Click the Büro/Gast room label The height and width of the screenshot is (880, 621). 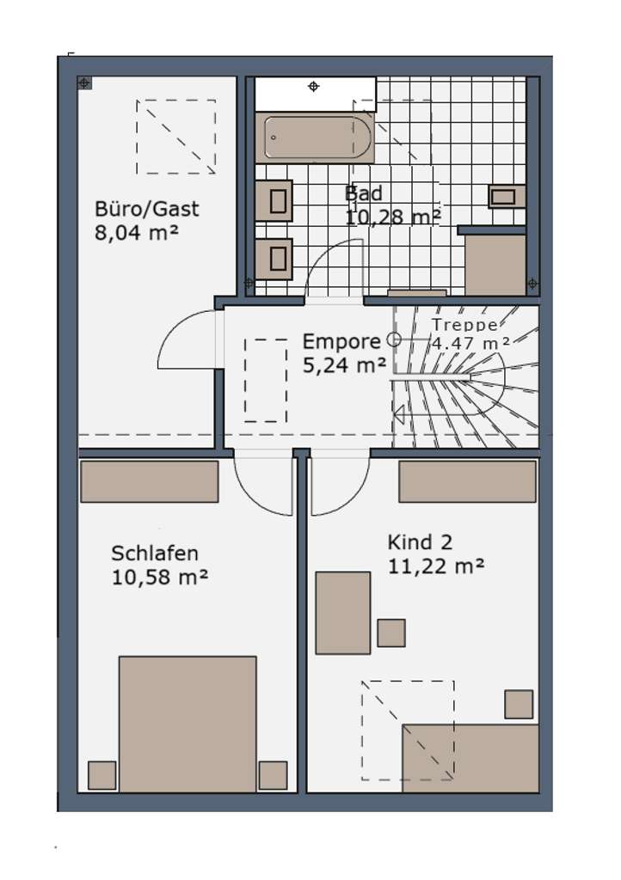pyautogui.click(x=146, y=208)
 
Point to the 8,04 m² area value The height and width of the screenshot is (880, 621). pyautogui.click(x=136, y=234)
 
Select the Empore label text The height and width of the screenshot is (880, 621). pyautogui.click(x=341, y=341)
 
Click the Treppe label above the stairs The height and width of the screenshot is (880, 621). pyautogui.click(x=464, y=325)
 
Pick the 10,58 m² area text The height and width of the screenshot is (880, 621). pyautogui.click(x=160, y=577)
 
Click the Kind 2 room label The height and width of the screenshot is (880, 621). pyautogui.click(x=420, y=542)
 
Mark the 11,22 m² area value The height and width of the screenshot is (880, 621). pyautogui.click(x=435, y=565)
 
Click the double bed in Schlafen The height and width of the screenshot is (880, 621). pyautogui.click(x=188, y=724)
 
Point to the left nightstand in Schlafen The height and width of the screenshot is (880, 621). pyautogui.click(x=101, y=774)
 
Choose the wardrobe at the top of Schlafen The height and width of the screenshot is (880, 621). pyautogui.click(x=149, y=481)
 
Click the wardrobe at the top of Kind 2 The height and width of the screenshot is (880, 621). pyautogui.click(x=467, y=481)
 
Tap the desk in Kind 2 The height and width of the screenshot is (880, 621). pyautogui.click(x=342, y=613)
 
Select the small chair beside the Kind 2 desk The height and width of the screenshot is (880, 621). pyautogui.click(x=391, y=632)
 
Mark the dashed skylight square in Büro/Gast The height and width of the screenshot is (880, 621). pyautogui.click(x=175, y=136)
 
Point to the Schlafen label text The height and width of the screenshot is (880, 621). pyautogui.click(x=155, y=553)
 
